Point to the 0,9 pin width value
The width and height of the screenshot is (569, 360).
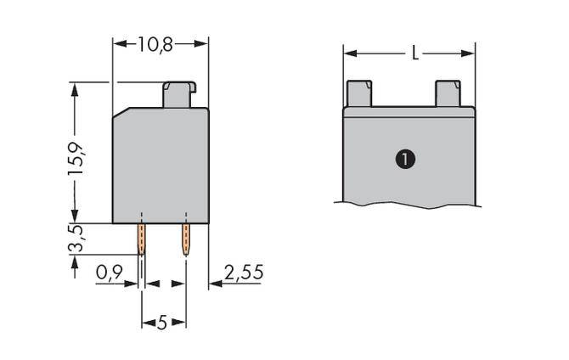(x=109, y=273)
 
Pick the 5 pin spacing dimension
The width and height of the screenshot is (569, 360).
(x=162, y=323)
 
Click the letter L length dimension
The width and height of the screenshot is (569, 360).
(x=414, y=53)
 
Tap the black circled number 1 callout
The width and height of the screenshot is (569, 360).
(x=407, y=159)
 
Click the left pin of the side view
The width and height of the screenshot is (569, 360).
(x=141, y=239)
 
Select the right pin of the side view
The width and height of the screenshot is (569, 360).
(x=184, y=239)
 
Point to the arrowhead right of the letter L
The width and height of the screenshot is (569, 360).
(x=470, y=53)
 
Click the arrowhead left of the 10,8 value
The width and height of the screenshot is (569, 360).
(x=118, y=43)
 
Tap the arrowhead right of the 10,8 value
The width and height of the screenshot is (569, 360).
(x=203, y=43)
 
